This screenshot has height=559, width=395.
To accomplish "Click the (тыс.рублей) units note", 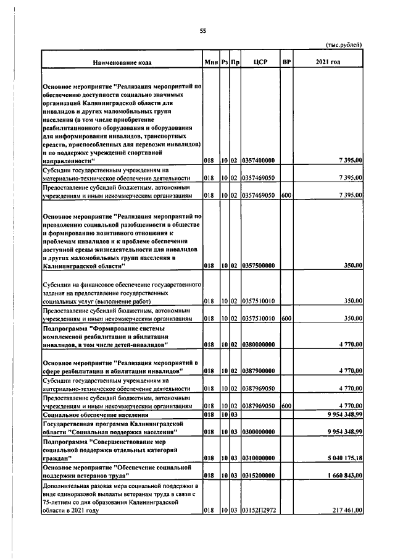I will [343, 44].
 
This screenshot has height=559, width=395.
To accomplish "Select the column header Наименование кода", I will [121, 62].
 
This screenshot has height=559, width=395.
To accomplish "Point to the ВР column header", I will [286, 62].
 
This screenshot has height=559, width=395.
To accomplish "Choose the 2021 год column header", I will [328, 62].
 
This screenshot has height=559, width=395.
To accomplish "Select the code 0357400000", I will [258, 161].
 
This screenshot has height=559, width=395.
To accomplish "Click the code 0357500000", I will [258, 266].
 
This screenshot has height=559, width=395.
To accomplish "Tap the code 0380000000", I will [258, 345].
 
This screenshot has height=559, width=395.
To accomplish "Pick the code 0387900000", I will [258, 371].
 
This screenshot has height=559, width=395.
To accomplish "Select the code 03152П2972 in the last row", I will [258, 510].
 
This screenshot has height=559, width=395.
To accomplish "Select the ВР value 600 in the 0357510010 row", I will [285, 318].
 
